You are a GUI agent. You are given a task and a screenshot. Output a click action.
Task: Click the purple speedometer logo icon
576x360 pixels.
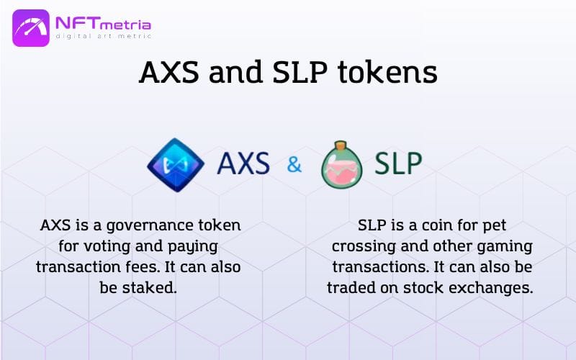31,28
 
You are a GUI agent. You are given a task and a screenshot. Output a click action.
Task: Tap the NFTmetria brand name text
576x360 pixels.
103,24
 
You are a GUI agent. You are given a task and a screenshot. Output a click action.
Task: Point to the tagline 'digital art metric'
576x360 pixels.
104,36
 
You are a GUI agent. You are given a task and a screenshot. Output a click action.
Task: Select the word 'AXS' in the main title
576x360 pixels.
169,72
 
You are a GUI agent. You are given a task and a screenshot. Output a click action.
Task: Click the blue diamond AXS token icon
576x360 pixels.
176,165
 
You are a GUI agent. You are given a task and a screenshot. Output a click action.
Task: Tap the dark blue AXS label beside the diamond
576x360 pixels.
243,163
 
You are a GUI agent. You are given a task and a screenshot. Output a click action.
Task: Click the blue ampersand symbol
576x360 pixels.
294,164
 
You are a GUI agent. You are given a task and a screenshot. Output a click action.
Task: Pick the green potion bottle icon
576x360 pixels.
341,165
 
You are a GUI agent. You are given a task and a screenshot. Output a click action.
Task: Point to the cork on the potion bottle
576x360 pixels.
341,145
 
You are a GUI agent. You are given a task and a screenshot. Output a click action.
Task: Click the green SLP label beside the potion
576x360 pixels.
398,163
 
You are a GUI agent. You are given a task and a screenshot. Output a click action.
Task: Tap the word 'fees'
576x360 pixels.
143,266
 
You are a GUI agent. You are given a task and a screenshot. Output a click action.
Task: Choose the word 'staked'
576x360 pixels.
150,287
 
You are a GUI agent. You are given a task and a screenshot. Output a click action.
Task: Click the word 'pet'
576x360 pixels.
495,226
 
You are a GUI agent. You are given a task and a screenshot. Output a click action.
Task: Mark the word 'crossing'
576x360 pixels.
364,247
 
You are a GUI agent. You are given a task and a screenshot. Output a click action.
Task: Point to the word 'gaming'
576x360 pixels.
505,247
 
